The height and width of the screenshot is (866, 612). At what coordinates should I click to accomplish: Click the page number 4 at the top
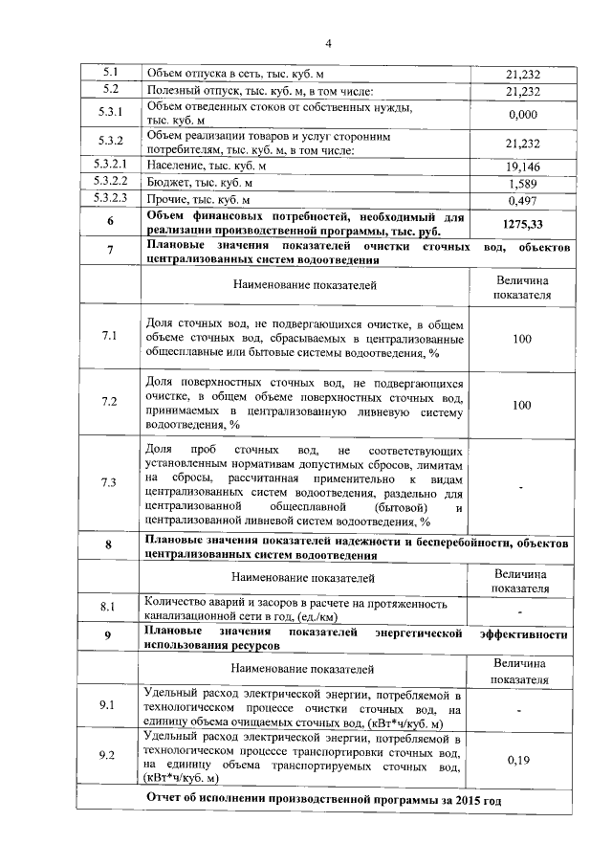[x=327, y=43]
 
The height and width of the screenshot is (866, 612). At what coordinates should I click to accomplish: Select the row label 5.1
[x=109, y=73]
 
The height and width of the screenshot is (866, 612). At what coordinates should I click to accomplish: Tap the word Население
[x=177, y=167]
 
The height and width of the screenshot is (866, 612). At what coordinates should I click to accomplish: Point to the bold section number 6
[x=109, y=223]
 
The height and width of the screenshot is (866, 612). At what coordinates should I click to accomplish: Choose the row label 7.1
[x=109, y=336]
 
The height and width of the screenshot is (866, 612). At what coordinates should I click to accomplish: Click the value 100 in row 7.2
[x=522, y=405]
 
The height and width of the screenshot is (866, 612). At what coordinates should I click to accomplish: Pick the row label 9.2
[x=109, y=756]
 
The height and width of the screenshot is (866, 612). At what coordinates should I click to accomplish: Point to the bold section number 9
[x=109, y=635]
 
